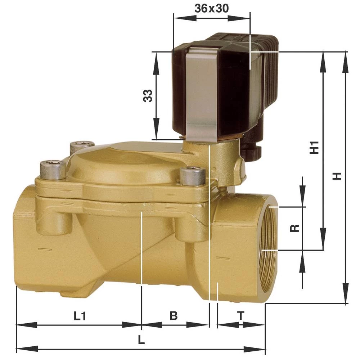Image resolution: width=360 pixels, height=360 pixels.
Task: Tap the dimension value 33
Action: coord(148,95)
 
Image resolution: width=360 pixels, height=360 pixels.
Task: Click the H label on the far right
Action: coord(337,176)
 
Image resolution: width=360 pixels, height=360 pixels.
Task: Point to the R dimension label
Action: coord(295,228)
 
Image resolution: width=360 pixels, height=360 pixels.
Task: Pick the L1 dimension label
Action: coord(80,316)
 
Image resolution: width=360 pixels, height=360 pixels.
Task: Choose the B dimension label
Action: coord(174,316)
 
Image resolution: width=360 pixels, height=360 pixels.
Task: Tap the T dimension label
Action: coord(240,316)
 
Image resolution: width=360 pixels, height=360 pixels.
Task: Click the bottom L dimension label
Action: coord(141,340)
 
